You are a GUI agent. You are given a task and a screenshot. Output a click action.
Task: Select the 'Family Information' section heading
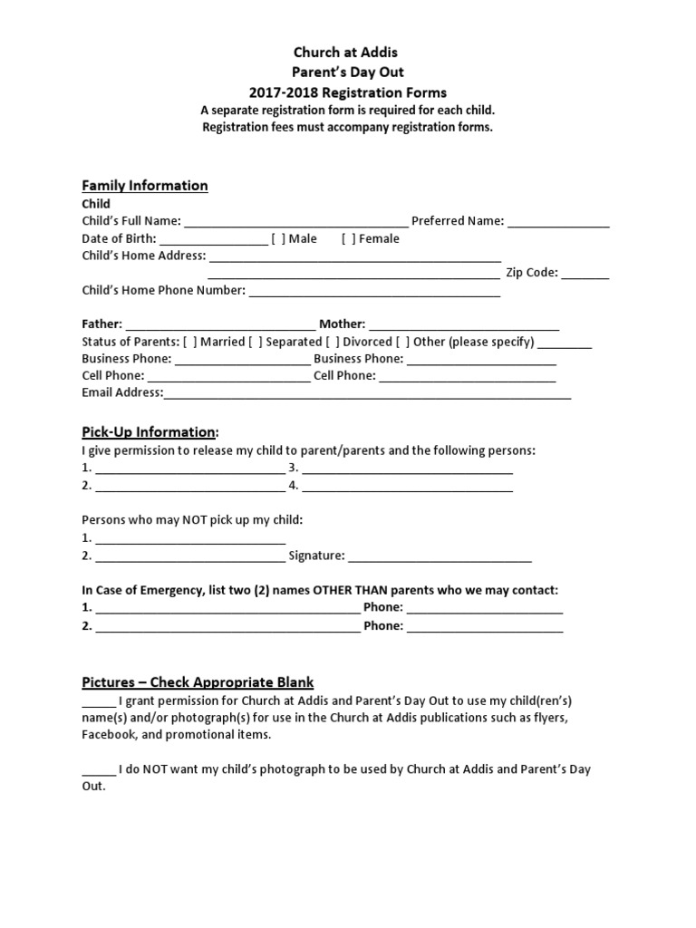click(145, 186)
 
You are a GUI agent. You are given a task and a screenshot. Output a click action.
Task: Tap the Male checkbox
click(276, 239)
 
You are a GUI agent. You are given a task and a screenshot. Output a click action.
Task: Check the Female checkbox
click(348, 239)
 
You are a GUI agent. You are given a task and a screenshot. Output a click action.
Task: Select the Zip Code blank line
click(590, 274)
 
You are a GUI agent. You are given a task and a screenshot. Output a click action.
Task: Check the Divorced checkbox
click(333, 343)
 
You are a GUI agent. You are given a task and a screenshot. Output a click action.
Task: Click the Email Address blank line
click(367, 394)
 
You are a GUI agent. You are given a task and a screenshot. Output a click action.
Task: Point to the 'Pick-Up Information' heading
click(150, 432)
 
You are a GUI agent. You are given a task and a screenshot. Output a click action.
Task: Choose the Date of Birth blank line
click(213, 240)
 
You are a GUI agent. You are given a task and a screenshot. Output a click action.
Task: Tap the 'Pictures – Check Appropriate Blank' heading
click(198, 682)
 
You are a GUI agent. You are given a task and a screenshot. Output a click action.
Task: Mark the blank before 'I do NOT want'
click(99, 770)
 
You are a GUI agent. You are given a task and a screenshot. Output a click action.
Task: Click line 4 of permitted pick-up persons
click(407, 487)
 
